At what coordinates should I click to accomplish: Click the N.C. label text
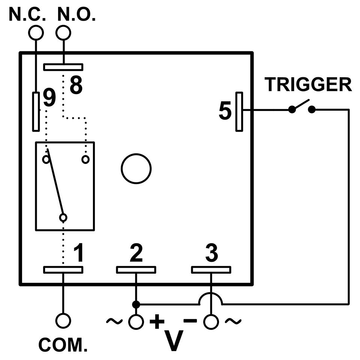click(x=27, y=14)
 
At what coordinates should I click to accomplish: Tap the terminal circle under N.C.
click(x=36, y=33)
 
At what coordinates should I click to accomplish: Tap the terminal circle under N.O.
click(x=63, y=33)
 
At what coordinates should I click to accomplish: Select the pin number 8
click(x=76, y=85)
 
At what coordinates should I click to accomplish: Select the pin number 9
click(x=49, y=98)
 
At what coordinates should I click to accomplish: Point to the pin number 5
click(x=225, y=111)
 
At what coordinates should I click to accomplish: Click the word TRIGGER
click(x=308, y=85)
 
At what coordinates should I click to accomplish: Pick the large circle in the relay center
click(x=136, y=168)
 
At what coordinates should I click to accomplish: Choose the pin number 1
click(x=78, y=253)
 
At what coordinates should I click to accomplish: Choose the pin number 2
click(x=136, y=253)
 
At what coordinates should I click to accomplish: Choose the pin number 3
click(x=211, y=253)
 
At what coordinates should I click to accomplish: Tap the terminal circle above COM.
click(x=63, y=321)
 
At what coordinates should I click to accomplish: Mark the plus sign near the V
click(x=157, y=321)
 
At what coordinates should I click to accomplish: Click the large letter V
click(x=174, y=340)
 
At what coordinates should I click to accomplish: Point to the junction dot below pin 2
click(x=136, y=304)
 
